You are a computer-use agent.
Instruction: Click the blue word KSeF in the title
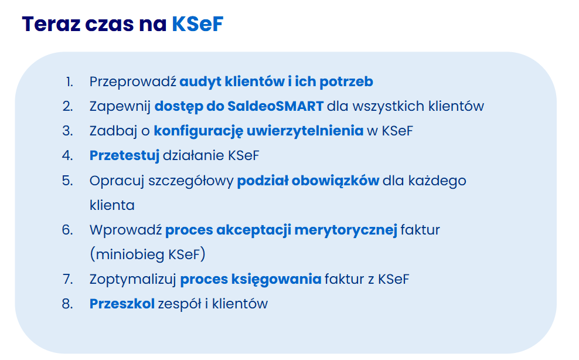coord(197,24)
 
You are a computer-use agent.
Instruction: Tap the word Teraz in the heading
coord(51,24)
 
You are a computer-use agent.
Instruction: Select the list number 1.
coord(69,81)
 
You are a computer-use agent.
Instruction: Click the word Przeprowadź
coord(133,81)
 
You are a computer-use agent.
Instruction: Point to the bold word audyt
coord(200,82)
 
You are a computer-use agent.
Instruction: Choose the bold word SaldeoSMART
coord(275,107)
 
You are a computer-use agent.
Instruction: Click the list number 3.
coord(67,131)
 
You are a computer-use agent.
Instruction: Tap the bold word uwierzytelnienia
coord(305,131)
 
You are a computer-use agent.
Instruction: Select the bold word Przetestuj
coord(124,155)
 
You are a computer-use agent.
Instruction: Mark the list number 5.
coord(67,181)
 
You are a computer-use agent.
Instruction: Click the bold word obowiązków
coord(335,181)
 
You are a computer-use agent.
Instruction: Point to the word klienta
coord(113,205)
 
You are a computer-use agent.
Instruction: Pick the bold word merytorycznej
coord(346,230)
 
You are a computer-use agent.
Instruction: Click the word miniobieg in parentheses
coord(130,254)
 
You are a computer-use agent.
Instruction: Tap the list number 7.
coord(67,279)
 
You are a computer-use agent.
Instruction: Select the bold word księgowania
coord(276,280)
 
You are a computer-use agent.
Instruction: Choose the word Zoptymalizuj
coord(133,280)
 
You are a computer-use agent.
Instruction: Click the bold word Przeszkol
coord(122,304)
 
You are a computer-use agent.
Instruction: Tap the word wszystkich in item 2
coord(389,107)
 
